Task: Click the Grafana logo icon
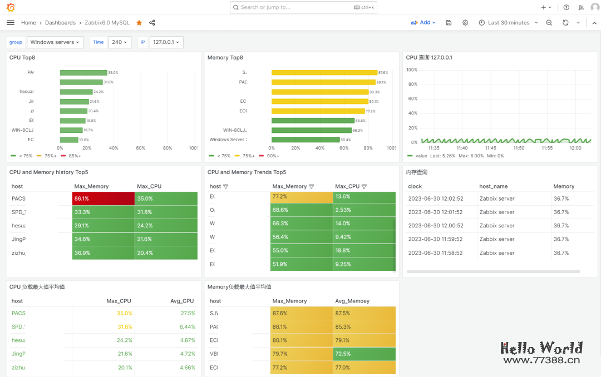click(x=11, y=7)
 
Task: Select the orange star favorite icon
click(x=139, y=23)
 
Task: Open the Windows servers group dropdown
click(x=55, y=42)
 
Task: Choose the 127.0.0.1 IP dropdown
click(x=166, y=42)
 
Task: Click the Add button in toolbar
click(x=423, y=23)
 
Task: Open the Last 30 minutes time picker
click(x=508, y=23)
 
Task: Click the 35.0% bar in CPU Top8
click(x=83, y=73)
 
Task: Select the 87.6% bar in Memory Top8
click(x=324, y=73)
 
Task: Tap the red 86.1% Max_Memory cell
click(x=103, y=199)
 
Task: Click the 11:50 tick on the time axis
click(x=519, y=148)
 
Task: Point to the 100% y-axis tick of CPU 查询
click(x=412, y=70)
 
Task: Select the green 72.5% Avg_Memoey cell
click(x=364, y=354)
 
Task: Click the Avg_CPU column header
click(x=182, y=301)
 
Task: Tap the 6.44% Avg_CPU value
click(x=188, y=326)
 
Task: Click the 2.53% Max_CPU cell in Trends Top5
click(x=364, y=210)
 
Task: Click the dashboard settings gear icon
click(x=465, y=23)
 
